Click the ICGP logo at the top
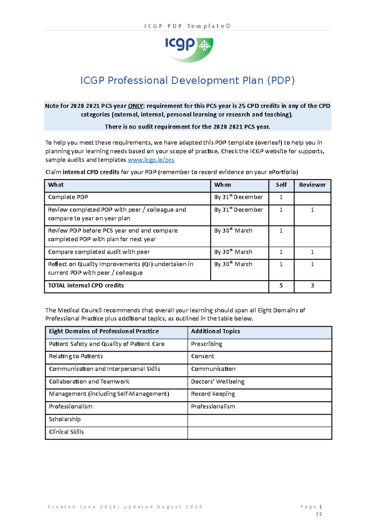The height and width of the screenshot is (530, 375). (189, 49)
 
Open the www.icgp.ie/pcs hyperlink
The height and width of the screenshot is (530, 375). (151, 160)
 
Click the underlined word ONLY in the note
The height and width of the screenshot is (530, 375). (135, 106)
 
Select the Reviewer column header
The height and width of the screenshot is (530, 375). (312, 185)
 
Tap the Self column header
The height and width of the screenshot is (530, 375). (281, 185)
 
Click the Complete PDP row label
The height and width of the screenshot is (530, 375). (68, 197)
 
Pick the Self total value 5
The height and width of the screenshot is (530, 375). (281, 286)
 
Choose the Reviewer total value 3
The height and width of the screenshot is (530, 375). (312, 286)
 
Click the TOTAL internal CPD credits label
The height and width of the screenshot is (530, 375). (86, 286)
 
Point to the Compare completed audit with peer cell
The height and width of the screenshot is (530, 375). (99, 252)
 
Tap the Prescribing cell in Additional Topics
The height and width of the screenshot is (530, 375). (207, 344)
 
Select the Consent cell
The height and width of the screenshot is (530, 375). (202, 356)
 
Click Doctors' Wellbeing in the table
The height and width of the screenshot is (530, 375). (217, 381)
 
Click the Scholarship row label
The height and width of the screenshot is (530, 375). (65, 419)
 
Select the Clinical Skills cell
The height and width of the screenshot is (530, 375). (66, 432)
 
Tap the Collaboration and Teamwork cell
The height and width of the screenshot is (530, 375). (89, 381)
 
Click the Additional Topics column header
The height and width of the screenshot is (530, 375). (215, 331)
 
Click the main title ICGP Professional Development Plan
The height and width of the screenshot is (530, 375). (187, 81)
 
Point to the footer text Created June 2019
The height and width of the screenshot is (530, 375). (125, 507)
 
